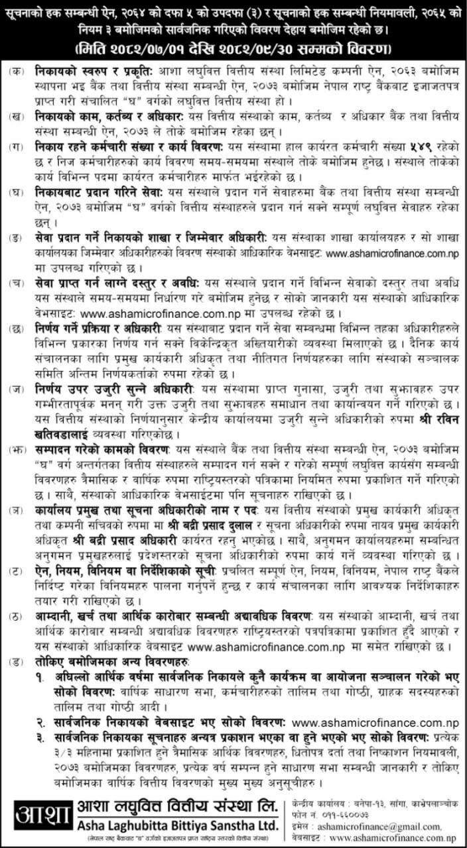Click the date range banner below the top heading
(233, 49)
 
